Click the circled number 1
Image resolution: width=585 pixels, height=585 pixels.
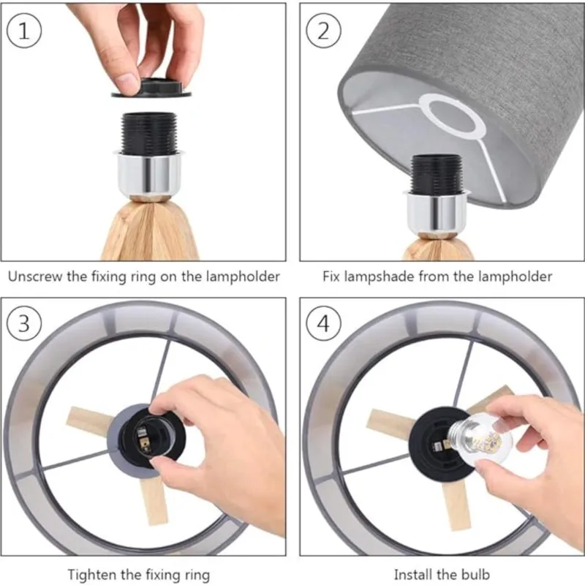(x=24, y=31)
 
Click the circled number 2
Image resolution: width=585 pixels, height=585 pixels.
(x=323, y=31)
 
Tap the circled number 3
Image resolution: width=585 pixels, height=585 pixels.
(x=24, y=322)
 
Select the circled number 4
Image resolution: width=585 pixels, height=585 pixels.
(x=323, y=322)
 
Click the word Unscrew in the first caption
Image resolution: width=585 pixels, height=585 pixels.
(x=35, y=276)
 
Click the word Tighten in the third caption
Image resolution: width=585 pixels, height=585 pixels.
(x=94, y=574)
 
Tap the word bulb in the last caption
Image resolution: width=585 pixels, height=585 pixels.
(x=475, y=574)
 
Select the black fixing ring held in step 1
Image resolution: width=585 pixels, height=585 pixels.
(x=152, y=88)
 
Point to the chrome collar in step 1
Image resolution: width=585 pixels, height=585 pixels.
(x=149, y=174)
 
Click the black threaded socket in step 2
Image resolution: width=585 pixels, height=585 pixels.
(x=436, y=174)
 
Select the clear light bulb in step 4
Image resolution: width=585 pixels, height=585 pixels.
(x=480, y=440)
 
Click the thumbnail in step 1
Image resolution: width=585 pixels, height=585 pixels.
(x=126, y=80)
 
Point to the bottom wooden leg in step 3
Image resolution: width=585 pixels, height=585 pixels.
(x=153, y=500)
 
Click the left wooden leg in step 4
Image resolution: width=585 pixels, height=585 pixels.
(x=388, y=423)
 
